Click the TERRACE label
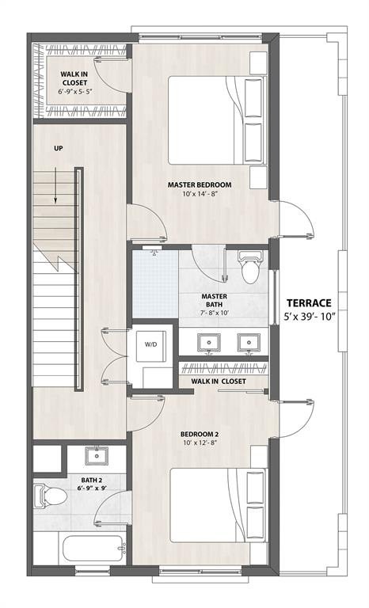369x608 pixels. (x=310, y=302)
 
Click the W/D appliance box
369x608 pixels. (x=150, y=345)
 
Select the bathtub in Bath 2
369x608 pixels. (x=78, y=548)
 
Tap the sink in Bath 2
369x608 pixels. (x=97, y=457)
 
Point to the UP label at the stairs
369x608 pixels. (x=59, y=149)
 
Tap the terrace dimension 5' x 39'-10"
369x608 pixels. (x=310, y=317)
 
